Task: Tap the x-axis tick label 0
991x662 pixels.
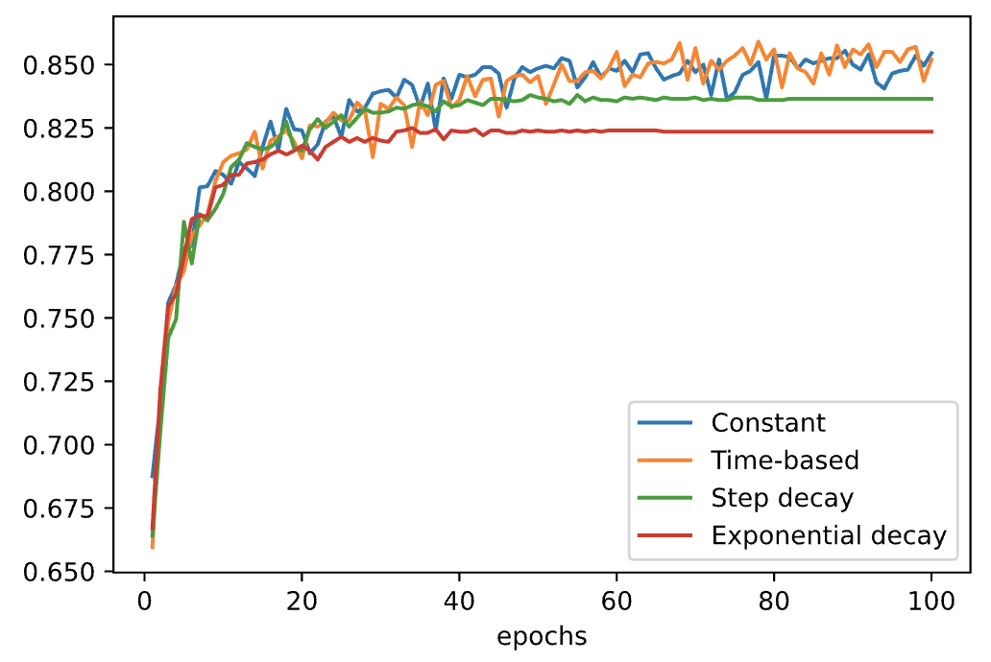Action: [144, 603]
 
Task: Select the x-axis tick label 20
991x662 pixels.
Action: [302, 603]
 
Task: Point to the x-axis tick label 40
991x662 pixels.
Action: [459, 603]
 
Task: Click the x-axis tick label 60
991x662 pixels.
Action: [616, 603]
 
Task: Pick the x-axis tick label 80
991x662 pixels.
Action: [774, 603]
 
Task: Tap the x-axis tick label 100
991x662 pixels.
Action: [931, 603]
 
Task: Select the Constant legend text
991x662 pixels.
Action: [768, 423]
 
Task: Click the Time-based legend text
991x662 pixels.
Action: [785, 461]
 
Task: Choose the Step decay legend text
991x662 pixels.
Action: [782, 498]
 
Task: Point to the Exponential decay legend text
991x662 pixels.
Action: [829, 535]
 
